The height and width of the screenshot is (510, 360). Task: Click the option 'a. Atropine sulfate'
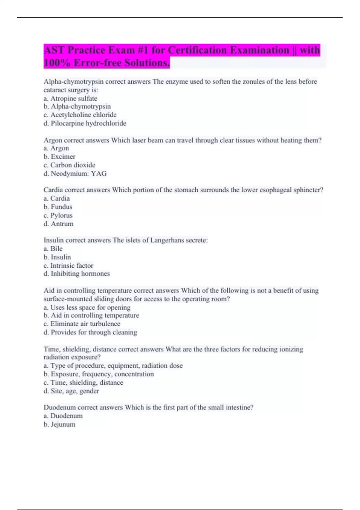tap(70, 98)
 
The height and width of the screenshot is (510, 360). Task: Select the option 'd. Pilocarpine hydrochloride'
tap(85, 123)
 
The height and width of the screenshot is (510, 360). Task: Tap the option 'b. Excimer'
tap(59, 157)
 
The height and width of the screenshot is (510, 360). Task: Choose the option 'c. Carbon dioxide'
tap(69, 165)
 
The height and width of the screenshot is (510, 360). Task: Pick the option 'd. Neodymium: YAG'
tap(75, 173)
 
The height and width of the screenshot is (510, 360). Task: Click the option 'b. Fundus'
tap(58, 207)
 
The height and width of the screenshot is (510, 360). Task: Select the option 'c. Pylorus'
tap(58, 215)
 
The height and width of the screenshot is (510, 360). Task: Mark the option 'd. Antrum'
tap(58, 224)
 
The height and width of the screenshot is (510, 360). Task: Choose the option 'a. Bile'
tap(53, 249)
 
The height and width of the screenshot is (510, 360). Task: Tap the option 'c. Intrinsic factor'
tap(68, 265)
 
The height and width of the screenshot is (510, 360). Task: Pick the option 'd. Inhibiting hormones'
tap(76, 274)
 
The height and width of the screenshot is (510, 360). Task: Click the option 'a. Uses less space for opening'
tap(87, 307)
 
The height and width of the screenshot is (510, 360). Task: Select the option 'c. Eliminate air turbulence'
tap(82, 324)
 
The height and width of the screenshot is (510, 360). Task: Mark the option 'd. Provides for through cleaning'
tap(90, 332)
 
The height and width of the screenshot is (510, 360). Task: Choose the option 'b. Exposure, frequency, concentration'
tap(99, 374)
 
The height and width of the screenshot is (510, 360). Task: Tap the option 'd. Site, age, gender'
tap(71, 391)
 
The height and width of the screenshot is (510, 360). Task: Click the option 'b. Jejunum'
tap(59, 424)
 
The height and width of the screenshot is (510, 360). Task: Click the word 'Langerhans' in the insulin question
tap(167, 240)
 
